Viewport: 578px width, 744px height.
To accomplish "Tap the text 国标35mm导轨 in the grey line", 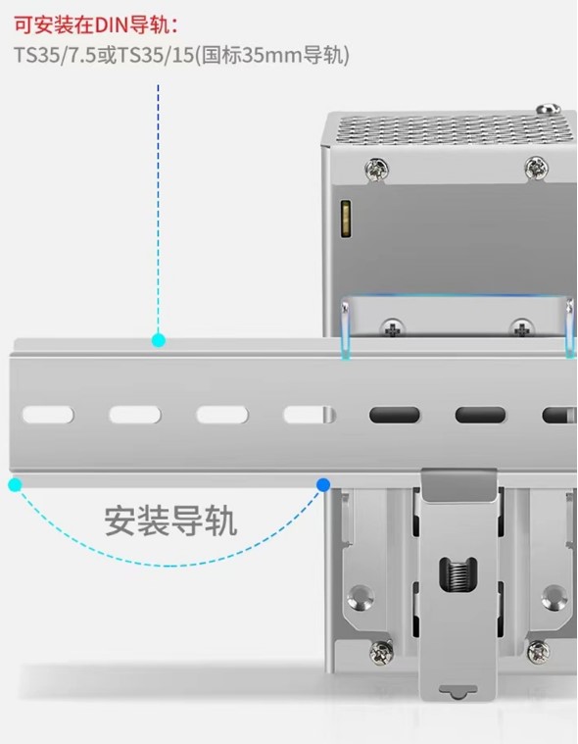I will [x=274, y=56].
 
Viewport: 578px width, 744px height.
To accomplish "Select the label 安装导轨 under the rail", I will [x=170, y=521].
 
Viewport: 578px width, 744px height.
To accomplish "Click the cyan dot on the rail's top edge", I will [x=159, y=340].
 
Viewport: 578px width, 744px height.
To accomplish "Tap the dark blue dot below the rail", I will [x=323, y=484].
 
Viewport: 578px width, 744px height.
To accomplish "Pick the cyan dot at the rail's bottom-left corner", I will [x=15, y=484].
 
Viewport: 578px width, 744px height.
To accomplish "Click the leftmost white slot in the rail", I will [x=47, y=415].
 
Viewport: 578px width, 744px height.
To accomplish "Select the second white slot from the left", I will [x=134, y=415].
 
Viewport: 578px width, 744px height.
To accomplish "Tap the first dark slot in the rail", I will [x=395, y=415].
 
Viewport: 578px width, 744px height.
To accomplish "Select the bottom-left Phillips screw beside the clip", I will [x=377, y=651].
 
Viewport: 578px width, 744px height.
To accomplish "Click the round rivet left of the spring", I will [x=361, y=595].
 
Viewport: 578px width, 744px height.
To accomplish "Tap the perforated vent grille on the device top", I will [x=451, y=130].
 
